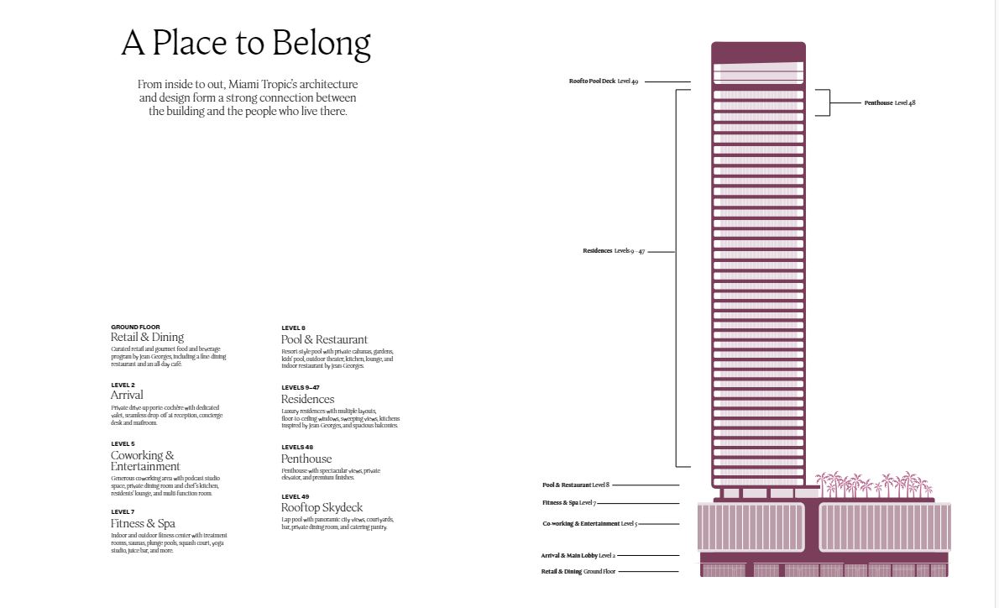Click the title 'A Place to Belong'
(246, 44)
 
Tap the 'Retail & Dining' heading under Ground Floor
(147, 338)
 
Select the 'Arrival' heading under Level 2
(127, 395)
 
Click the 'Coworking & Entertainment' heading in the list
(144, 461)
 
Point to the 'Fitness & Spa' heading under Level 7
(143, 523)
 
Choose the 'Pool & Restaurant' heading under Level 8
(324, 339)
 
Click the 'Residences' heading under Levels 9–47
(307, 399)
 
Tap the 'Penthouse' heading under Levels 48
(306, 459)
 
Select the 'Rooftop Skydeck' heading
(322, 507)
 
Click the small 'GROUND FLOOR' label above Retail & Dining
(135, 327)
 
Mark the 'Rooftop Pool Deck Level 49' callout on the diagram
(603, 81)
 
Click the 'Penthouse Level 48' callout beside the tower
(890, 102)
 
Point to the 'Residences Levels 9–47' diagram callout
(614, 251)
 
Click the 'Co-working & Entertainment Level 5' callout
(590, 524)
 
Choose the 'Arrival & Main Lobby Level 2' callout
(578, 556)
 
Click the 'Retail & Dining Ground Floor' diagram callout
(578, 572)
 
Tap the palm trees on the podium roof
(873, 485)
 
